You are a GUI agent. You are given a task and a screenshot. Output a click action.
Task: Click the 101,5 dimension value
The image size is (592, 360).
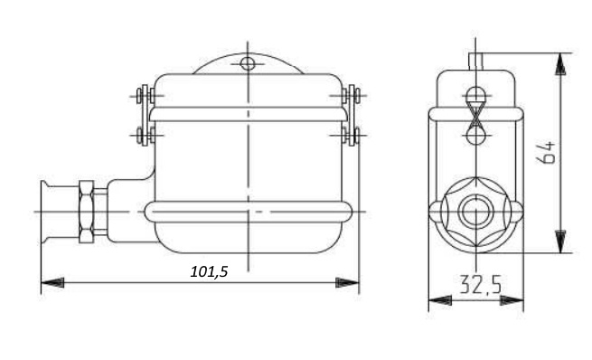209,271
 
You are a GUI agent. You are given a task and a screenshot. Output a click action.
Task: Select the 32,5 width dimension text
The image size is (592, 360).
481,285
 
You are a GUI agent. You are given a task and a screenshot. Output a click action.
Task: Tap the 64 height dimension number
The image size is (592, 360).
546,152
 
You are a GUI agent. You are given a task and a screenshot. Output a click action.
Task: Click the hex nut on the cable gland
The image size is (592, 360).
86,212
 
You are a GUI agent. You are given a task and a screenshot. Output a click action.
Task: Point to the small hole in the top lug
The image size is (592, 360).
248,63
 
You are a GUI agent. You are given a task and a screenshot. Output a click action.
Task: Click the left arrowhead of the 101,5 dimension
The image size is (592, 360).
52,282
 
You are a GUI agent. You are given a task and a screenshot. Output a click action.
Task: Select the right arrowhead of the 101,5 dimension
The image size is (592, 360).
347,282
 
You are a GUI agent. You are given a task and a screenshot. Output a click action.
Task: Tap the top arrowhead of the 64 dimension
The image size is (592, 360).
560,64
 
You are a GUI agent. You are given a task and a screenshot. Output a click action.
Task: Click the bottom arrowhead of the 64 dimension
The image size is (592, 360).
560,242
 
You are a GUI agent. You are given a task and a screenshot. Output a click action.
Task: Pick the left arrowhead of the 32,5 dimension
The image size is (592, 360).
440,300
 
